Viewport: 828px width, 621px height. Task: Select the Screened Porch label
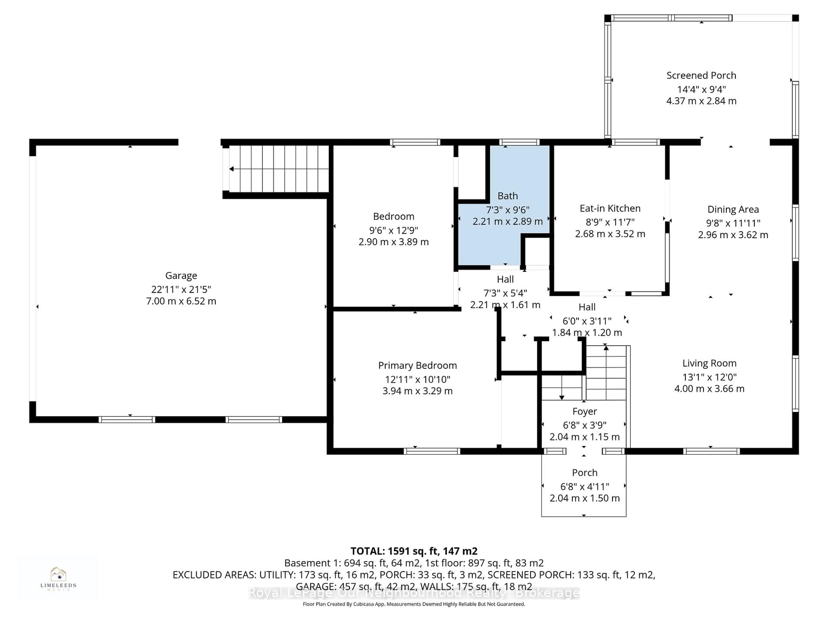701,76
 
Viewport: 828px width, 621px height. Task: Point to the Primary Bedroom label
417,365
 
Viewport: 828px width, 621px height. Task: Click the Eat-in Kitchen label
610,209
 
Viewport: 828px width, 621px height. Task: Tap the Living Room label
709,363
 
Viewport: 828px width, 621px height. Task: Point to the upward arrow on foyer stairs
606,348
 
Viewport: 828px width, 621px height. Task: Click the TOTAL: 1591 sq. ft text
414,551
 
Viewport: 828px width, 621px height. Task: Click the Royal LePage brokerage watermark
414,593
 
